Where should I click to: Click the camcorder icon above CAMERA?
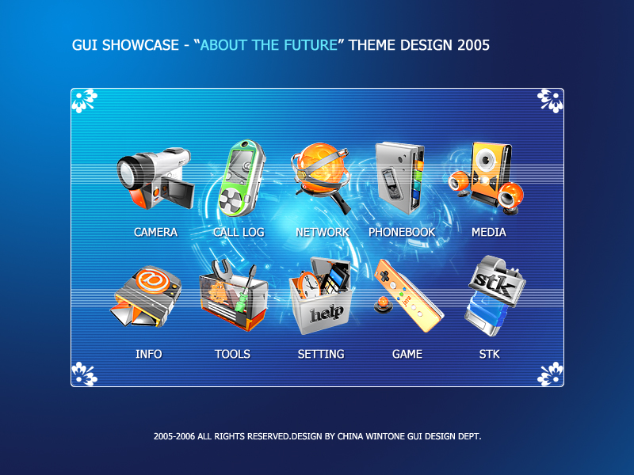[x=155, y=178]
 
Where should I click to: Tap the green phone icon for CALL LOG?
[x=242, y=178]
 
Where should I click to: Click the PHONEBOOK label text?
[x=402, y=232]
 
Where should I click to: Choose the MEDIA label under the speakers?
[x=488, y=232]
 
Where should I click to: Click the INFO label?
[x=148, y=354]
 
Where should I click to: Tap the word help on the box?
[x=327, y=313]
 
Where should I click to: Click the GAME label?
[x=407, y=354]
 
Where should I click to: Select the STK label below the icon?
[x=489, y=354]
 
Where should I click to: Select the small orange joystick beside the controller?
[x=383, y=304]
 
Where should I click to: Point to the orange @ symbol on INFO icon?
[x=153, y=279]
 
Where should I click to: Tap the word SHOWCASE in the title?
[x=140, y=45]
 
